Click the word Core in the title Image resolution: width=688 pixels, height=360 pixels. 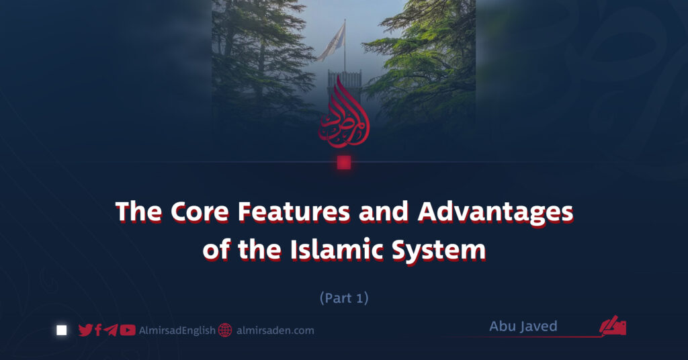click(200, 213)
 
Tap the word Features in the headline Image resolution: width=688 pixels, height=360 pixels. click(294, 213)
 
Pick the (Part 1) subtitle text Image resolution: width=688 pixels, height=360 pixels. click(344, 298)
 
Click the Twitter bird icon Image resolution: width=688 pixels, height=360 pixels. click(85, 330)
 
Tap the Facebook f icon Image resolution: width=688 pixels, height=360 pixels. click(98, 330)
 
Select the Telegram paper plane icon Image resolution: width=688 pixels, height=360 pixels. click(111, 330)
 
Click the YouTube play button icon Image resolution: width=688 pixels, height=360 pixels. click(128, 330)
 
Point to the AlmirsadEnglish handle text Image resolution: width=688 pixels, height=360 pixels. click(177, 330)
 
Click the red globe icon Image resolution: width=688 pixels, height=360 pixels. click(225, 330)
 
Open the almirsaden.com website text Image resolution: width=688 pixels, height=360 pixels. click(275, 330)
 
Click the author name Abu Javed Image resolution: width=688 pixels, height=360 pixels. click(523, 326)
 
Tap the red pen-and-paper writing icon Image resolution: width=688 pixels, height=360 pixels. click(613, 326)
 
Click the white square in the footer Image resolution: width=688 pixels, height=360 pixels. click(62, 330)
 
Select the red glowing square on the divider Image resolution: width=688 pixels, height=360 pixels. click(344, 163)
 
